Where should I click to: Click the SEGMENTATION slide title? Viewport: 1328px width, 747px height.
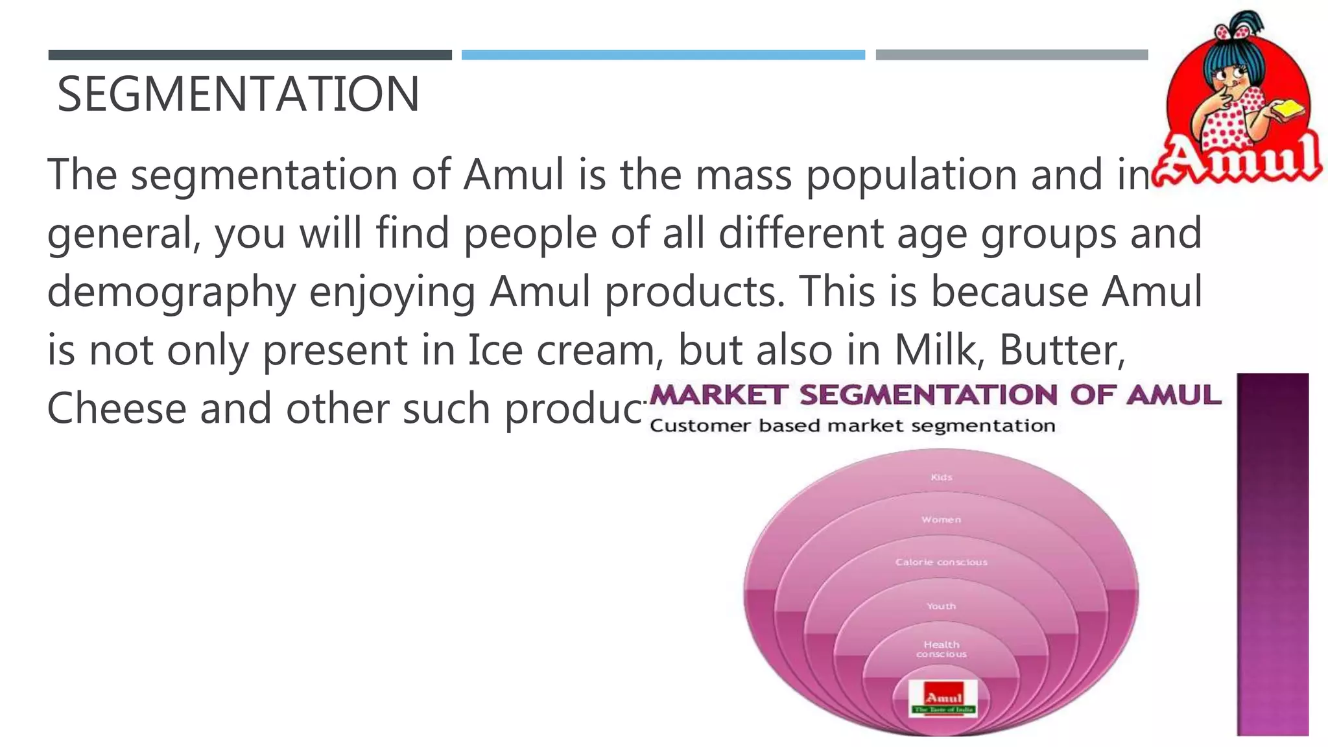tap(238, 95)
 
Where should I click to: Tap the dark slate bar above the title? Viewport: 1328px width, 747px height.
tap(250, 55)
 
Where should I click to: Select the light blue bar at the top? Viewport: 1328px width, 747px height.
tap(663, 55)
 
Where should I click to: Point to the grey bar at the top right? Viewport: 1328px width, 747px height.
tap(1012, 55)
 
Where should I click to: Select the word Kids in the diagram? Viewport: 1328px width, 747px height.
tap(942, 477)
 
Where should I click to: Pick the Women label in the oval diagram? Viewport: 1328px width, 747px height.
tap(942, 519)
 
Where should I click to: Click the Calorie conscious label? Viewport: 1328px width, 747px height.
tap(942, 562)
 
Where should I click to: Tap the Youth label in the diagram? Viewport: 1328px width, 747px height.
tap(942, 606)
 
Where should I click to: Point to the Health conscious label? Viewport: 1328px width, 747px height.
tap(942, 649)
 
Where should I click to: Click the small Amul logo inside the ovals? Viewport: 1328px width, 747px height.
tap(943, 699)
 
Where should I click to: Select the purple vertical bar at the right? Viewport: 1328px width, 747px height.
tap(1272, 554)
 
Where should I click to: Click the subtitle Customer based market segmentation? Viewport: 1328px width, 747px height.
tap(852, 426)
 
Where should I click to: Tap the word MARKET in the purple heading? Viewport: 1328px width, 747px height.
tap(718, 395)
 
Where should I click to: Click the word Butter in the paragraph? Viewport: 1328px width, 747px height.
tap(1062, 350)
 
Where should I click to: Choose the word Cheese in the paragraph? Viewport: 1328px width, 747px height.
tap(117, 409)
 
